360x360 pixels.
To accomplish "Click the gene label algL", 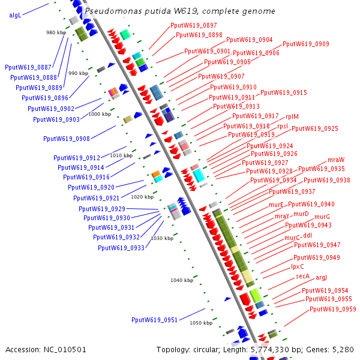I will [15, 15].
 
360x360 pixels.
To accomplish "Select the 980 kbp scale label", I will [56, 32].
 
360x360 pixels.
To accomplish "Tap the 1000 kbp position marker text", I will [99, 114].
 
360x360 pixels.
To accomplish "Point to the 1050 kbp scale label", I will [201, 323].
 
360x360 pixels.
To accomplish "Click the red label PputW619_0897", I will [194, 25].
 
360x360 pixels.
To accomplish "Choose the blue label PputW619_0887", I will [28, 68].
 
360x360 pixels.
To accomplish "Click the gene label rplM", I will [292, 116].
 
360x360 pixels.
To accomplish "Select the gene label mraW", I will [336, 160].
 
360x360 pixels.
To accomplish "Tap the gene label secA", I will [302, 277].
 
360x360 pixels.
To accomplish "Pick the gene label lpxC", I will [298, 266].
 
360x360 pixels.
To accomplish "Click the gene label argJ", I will [321, 277].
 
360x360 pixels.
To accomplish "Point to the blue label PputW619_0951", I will [154, 320].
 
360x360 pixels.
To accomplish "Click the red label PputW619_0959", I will [333, 310].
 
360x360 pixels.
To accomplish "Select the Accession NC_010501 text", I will [46, 349].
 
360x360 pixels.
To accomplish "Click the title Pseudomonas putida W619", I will [180, 11].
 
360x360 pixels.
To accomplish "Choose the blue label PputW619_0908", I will [67, 139].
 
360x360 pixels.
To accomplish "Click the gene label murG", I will [322, 217].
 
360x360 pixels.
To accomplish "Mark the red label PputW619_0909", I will [305, 44].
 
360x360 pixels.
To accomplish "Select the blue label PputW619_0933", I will [121, 248].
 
